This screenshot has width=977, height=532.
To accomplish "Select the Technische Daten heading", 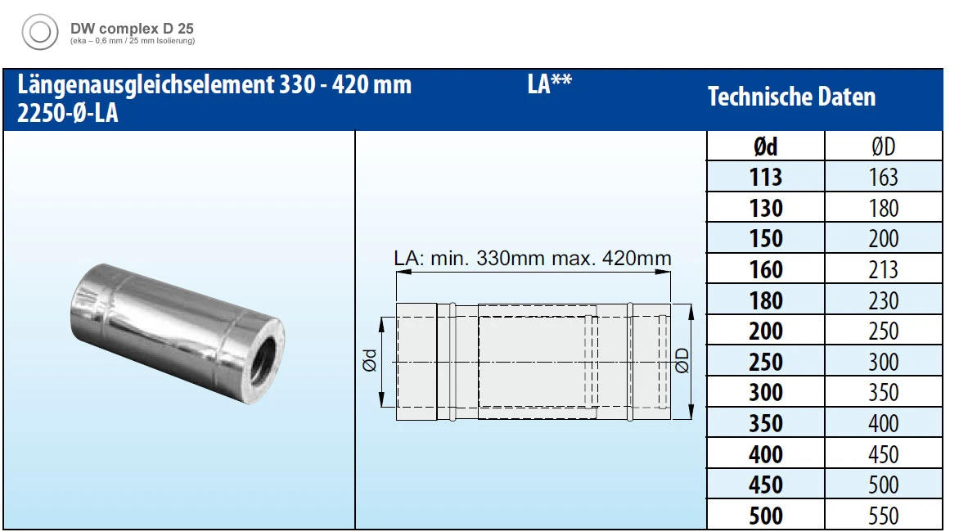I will click(x=791, y=97).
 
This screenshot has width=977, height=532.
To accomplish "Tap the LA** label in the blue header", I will click(x=549, y=85).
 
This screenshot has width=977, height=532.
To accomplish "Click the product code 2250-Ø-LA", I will click(x=68, y=114).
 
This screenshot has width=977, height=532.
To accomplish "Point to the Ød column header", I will click(x=765, y=147).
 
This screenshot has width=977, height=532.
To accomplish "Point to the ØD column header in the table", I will click(x=883, y=147).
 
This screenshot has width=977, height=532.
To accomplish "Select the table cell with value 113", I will click(x=765, y=177).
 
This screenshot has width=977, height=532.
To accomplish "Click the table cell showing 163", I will click(x=883, y=177).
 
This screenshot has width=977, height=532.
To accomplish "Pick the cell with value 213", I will click(x=883, y=269).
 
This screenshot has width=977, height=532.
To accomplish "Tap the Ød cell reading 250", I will click(x=765, y=362).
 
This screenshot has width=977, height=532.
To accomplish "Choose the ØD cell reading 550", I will click(x=883, y=516).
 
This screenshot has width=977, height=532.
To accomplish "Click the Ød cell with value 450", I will click(x=765, y=485).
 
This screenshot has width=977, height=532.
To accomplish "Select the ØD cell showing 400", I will click(x=883, y=423).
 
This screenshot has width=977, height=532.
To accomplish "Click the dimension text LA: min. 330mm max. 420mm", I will click(x=533, y=259).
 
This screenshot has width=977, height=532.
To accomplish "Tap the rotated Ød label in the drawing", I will click(x=370, y=361).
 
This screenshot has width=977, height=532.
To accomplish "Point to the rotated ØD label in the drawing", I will click(x=682, y=361).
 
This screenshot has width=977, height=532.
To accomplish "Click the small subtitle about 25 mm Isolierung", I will click(x=132, y=41).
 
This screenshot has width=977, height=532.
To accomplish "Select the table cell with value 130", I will click(x=765, y=208).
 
